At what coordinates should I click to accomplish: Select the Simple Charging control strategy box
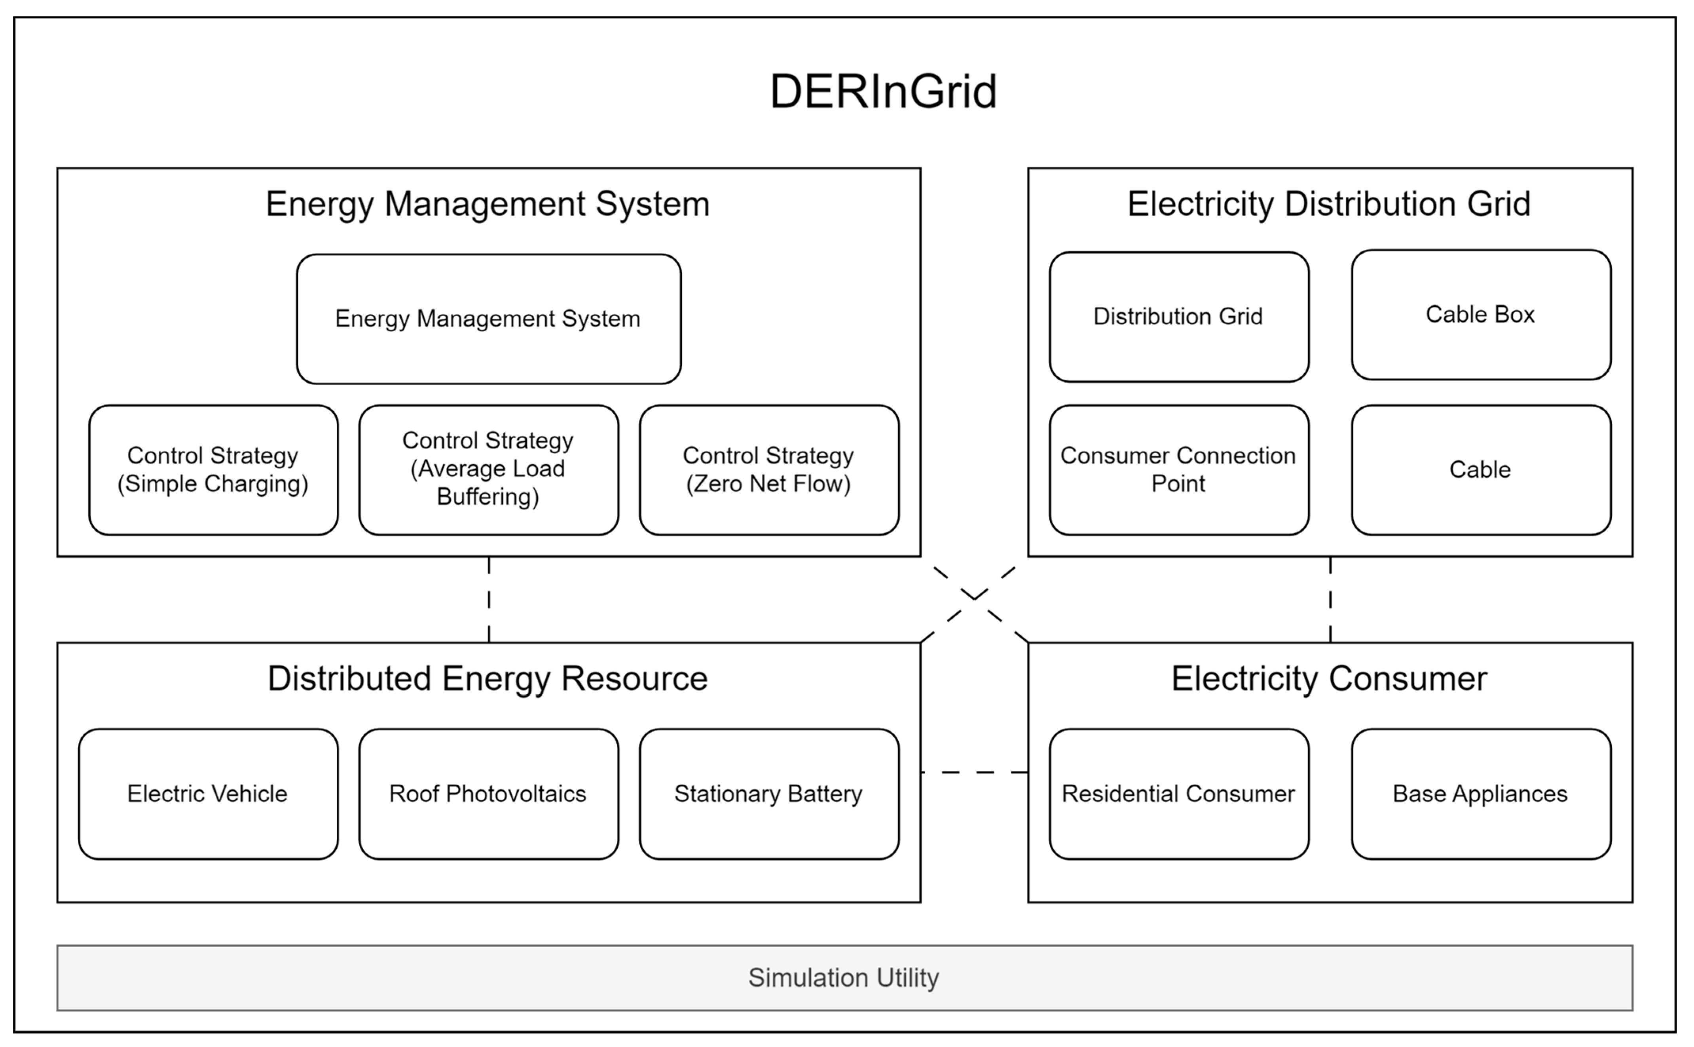(x=213, y=469)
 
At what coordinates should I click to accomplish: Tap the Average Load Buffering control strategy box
(x=489, y=469)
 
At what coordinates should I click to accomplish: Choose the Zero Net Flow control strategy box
(x=769, y=469)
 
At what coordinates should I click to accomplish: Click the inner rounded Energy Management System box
(x=489, y=319)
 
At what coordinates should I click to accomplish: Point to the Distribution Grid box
(x=1178, y=316)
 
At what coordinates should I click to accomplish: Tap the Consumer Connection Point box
(x=1178, y=469)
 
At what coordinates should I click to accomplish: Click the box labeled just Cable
(x=1481, y=469)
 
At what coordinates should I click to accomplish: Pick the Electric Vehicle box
(x=208, y=794)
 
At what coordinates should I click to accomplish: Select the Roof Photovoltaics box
(x=489, y=794)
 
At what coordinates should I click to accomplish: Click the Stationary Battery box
(x=769, y=794)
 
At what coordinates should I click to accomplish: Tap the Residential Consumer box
(x=1178, y=794)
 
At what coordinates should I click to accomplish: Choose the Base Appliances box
(x=1481, y=794)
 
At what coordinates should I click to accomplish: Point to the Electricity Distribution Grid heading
(x=1329, y=203)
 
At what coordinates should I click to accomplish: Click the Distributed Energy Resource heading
(x=488, y=678)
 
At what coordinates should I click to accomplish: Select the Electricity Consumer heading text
(x=1329, y=678)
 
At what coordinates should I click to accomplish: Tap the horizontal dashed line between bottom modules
(x=974, y=772)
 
